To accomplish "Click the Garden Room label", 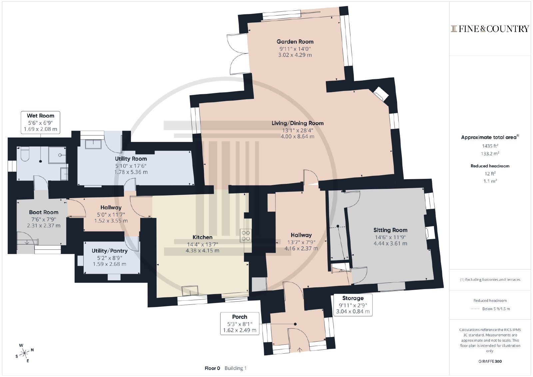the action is pos(295,42).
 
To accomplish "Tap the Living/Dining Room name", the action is pos(297,123).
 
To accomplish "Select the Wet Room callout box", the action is pos(40,123).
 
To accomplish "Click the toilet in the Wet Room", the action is pos(25,154).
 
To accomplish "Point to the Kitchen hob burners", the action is pos(246,235).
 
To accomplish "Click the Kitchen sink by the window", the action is pos(190,290).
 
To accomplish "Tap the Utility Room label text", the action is pos(131,159).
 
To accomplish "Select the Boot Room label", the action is pos(44,212).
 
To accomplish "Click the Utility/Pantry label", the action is pos(110,251).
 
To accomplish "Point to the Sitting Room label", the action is pos(390,230).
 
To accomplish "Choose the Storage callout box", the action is pos(353,305).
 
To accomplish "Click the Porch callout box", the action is pos(240,323).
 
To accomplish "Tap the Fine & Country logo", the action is pos(490,29).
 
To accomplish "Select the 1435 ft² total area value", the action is pos(490,146).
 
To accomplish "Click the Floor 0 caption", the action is pos(212,368).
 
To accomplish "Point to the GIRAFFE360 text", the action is pos(490,361).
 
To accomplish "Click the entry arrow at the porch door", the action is pos(299,349).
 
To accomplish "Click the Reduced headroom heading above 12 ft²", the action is pos(490,166).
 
